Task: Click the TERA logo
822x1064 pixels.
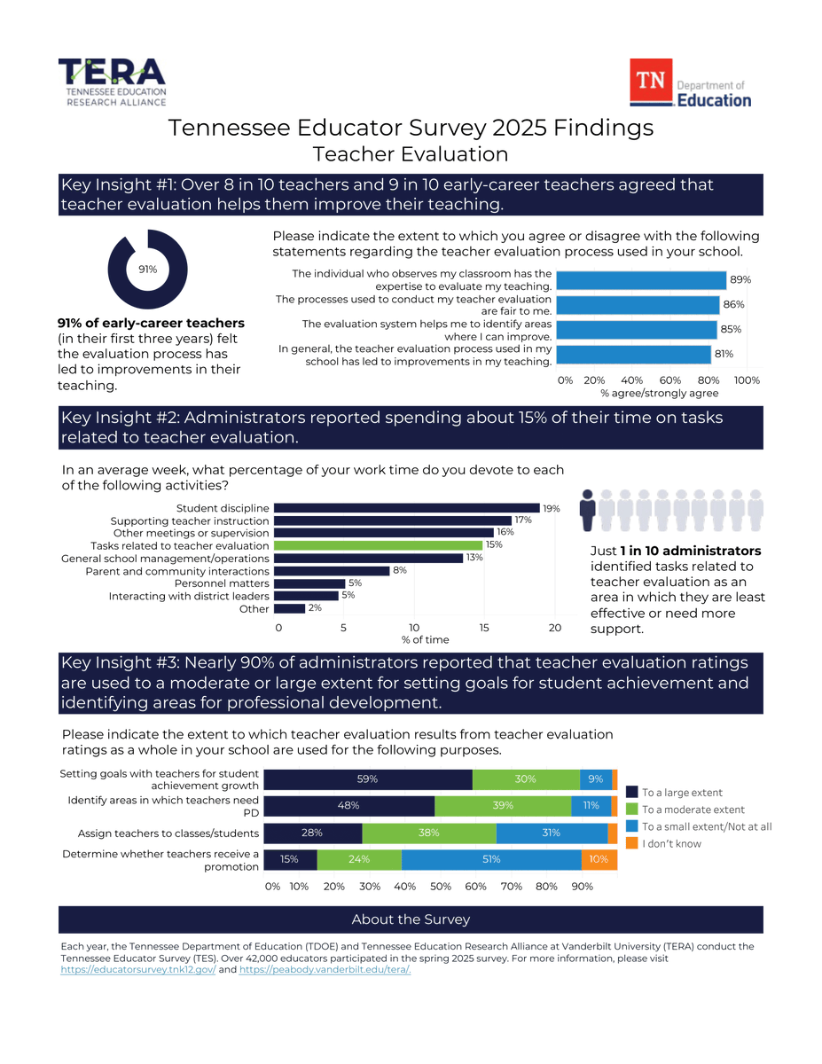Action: click(x=112, y=82)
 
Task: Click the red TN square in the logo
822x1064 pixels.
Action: click(x=650, y=82)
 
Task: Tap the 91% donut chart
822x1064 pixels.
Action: click(x=147, y=269)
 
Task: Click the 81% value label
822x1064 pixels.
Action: click(x=723, y=355)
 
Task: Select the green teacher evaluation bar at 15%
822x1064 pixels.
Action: click(x=378, y=545)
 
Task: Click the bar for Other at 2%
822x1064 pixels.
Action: click(x=289, y=609)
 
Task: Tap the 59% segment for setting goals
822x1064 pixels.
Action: click(x=368, y=779)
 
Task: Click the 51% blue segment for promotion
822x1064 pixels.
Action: click(x=491, y=859)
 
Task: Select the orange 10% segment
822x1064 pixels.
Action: click(x=599, y=859)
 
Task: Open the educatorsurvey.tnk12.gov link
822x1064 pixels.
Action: click(x=137, y=970)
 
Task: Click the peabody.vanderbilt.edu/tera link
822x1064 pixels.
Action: click(x=325, y=970)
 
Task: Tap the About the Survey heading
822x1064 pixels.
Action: click(x=411, y=919)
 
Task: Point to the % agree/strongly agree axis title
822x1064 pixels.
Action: click(x=659, y=393)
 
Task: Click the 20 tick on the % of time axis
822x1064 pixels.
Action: click(x=555, y=628)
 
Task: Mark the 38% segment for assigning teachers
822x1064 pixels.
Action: click(x=428, y=833)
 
